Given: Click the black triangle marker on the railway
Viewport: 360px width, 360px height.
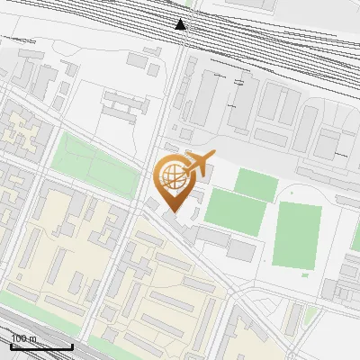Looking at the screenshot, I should click(x=182, y=24).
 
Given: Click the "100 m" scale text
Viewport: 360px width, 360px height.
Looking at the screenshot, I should click(x=24, y=338).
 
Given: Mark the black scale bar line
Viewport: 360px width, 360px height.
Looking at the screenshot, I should click(x=41, y=346).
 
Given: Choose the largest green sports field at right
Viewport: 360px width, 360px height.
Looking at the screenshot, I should click(x=296, y=234).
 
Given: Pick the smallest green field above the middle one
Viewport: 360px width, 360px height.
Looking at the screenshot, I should click(x=256, y=184).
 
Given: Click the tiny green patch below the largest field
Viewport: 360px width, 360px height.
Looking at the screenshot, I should click(x=305, y=274).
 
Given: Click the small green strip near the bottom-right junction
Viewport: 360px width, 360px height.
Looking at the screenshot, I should click(x=310, y=314).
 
